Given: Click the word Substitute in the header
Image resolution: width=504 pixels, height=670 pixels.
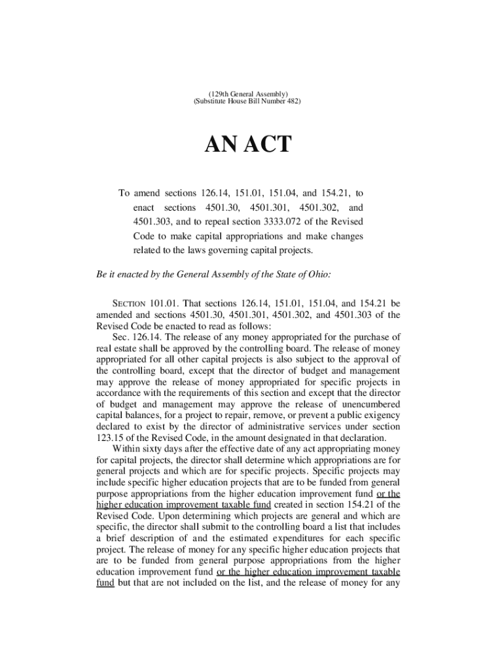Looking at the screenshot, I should [213, 103].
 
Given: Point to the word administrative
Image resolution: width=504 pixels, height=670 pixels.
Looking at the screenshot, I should [278, 427].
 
